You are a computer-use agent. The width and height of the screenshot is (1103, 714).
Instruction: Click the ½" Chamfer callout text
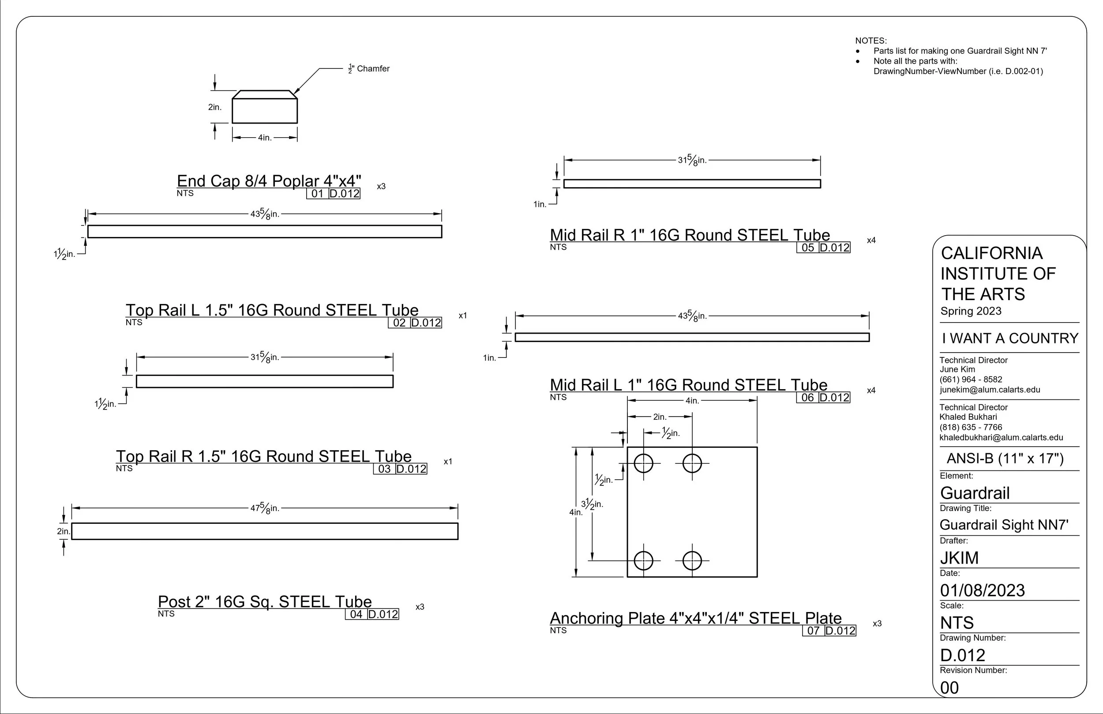coord(369,68)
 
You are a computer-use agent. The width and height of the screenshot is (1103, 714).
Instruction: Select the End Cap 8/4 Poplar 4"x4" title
coord(269,181)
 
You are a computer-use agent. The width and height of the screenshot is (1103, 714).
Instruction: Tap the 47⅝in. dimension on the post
coord(265,508)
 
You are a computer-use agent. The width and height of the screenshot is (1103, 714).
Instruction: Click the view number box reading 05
coord(808,248)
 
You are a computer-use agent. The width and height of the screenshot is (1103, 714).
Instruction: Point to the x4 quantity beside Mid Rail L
coord(871,391)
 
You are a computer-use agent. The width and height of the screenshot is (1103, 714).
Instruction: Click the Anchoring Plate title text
coord(696,618)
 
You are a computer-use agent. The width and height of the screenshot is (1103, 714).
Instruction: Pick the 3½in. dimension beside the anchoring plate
coord(592,504)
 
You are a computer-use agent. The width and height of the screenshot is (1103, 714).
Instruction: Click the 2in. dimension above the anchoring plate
coord(660,417)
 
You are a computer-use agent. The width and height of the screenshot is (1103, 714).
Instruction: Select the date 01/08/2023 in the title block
coord(983,590)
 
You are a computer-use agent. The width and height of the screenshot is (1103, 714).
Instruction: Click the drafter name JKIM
coord(959,558)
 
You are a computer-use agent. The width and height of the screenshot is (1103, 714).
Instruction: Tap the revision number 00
coord(949,688)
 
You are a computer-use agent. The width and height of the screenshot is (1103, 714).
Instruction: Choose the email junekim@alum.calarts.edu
coord(990,390)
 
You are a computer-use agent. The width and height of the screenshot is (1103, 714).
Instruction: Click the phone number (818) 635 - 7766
coord(971,427)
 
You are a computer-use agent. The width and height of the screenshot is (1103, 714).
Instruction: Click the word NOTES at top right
coord(871,41)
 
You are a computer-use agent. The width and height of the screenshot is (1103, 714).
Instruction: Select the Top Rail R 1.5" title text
coord(264,456)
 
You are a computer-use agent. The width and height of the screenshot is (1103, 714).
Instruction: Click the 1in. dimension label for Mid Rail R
coord(540,204)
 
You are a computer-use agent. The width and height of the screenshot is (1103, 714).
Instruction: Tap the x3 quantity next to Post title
coord(420,607)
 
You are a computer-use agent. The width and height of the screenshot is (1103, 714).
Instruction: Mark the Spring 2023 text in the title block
coord(971,311)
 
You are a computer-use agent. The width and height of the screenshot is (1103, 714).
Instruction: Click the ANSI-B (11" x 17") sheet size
coord(1005,458)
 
